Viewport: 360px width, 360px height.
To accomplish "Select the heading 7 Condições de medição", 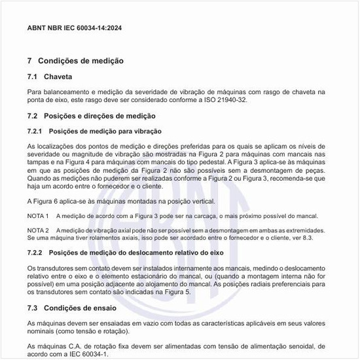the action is click(76, 61).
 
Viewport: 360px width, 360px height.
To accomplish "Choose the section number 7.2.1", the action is click(37, 132).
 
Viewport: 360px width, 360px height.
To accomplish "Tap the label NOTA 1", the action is click(39, 216).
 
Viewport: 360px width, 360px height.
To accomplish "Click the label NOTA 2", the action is click(39, 231).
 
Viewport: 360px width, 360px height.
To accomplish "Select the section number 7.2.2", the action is click(37, 253).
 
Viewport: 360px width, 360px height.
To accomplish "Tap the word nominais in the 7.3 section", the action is click(41, 331).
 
